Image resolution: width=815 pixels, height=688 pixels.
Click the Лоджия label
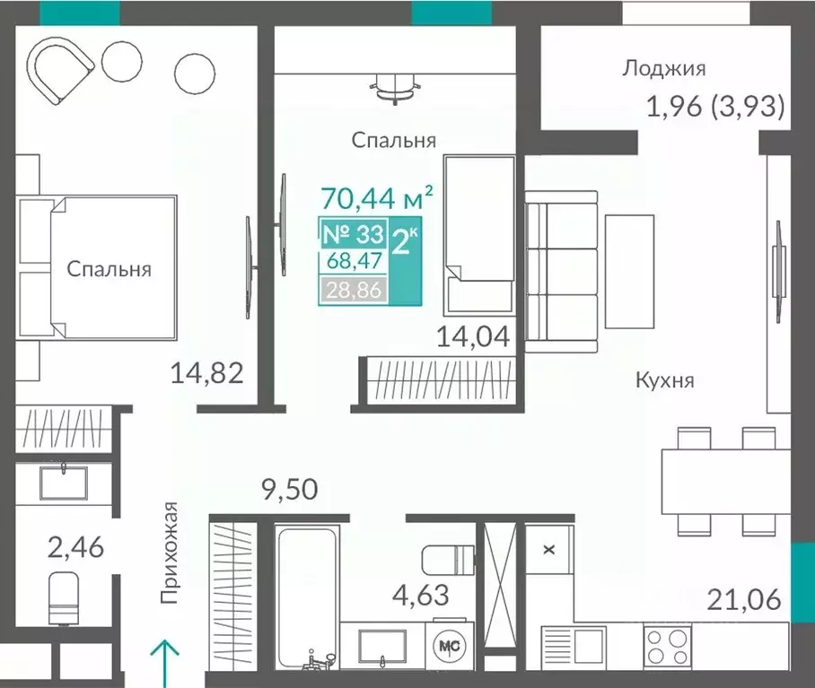tap(664, 68)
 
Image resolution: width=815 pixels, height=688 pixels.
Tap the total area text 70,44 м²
tap(377, 195)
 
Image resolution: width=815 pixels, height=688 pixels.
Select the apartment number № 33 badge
tap(351, 236)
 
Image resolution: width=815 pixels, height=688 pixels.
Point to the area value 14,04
tap(473, 337)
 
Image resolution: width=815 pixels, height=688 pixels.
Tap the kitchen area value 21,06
tap(742, 598)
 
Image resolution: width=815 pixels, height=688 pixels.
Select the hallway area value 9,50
tap(290, 490)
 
